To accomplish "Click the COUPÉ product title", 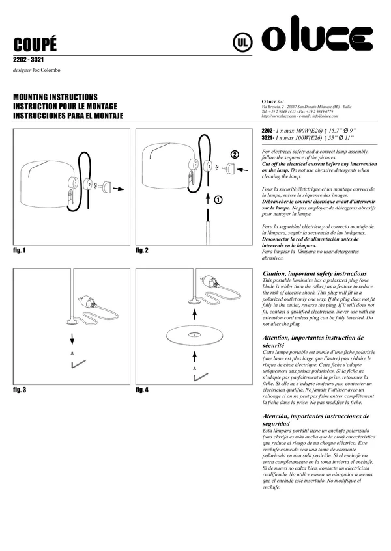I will pyautogui.click(x=35, y=44).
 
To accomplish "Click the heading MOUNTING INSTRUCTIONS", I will pyautogui.click(x=55, y=96).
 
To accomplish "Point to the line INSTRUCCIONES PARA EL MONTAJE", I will pyautogui.click(x=68, y=115).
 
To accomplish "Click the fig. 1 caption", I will pyautogui.click(x=19, y=250).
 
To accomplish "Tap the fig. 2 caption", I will pyautogui.click(x=142, y=250).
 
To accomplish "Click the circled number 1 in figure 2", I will pyautogui.click(x=218, y=200).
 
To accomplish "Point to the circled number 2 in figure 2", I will pyautogui.click(x=234, y=155).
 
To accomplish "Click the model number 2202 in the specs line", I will pyautogui.click(x=267, y=131).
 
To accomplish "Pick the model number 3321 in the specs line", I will pyautogui.click(x=267, y=138).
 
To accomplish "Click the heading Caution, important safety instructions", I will pyautogui.click(x=314, y=273).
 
